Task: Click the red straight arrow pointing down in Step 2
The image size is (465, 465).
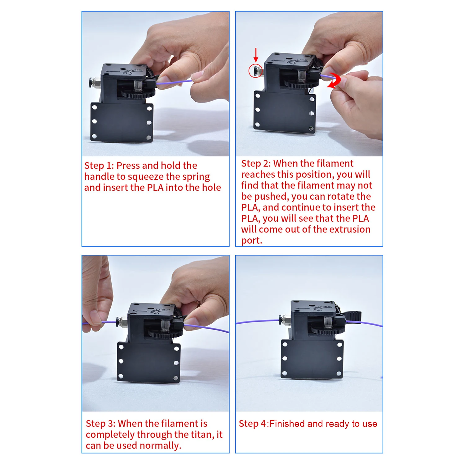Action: point(256,55)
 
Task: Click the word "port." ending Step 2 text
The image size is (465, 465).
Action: point(252,240)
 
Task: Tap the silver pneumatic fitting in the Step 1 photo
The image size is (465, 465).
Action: point(95,82)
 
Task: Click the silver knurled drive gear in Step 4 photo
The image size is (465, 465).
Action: point(328,321)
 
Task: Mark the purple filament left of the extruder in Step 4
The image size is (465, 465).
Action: point(257,321)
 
